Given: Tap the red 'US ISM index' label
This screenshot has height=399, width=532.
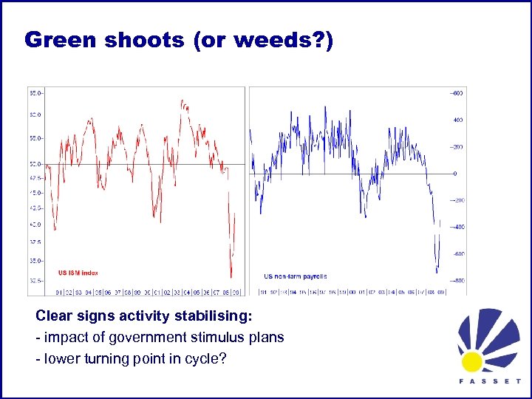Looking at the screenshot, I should pos(78,273).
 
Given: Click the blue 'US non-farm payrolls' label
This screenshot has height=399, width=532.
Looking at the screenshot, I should pos(295,276).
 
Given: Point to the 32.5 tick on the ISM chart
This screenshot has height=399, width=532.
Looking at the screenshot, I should pos(35,281).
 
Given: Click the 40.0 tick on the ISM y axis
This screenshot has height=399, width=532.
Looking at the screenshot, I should pos(35,225).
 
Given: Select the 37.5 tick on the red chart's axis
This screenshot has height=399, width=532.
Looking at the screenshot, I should pos(35,242).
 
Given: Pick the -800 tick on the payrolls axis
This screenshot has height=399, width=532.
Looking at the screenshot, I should pos(458,281).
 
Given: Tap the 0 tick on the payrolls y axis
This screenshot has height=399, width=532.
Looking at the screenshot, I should pos(455,174).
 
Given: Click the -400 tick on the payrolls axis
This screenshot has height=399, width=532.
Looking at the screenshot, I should pos(458,227).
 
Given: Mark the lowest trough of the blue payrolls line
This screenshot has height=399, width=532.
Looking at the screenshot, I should pos(437,272).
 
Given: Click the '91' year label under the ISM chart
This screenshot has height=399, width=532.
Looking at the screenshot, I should pos(59,291).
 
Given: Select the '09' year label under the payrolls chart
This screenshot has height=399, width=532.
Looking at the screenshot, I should pos(440,291).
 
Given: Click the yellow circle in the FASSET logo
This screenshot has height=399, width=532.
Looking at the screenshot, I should pos(471,361).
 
